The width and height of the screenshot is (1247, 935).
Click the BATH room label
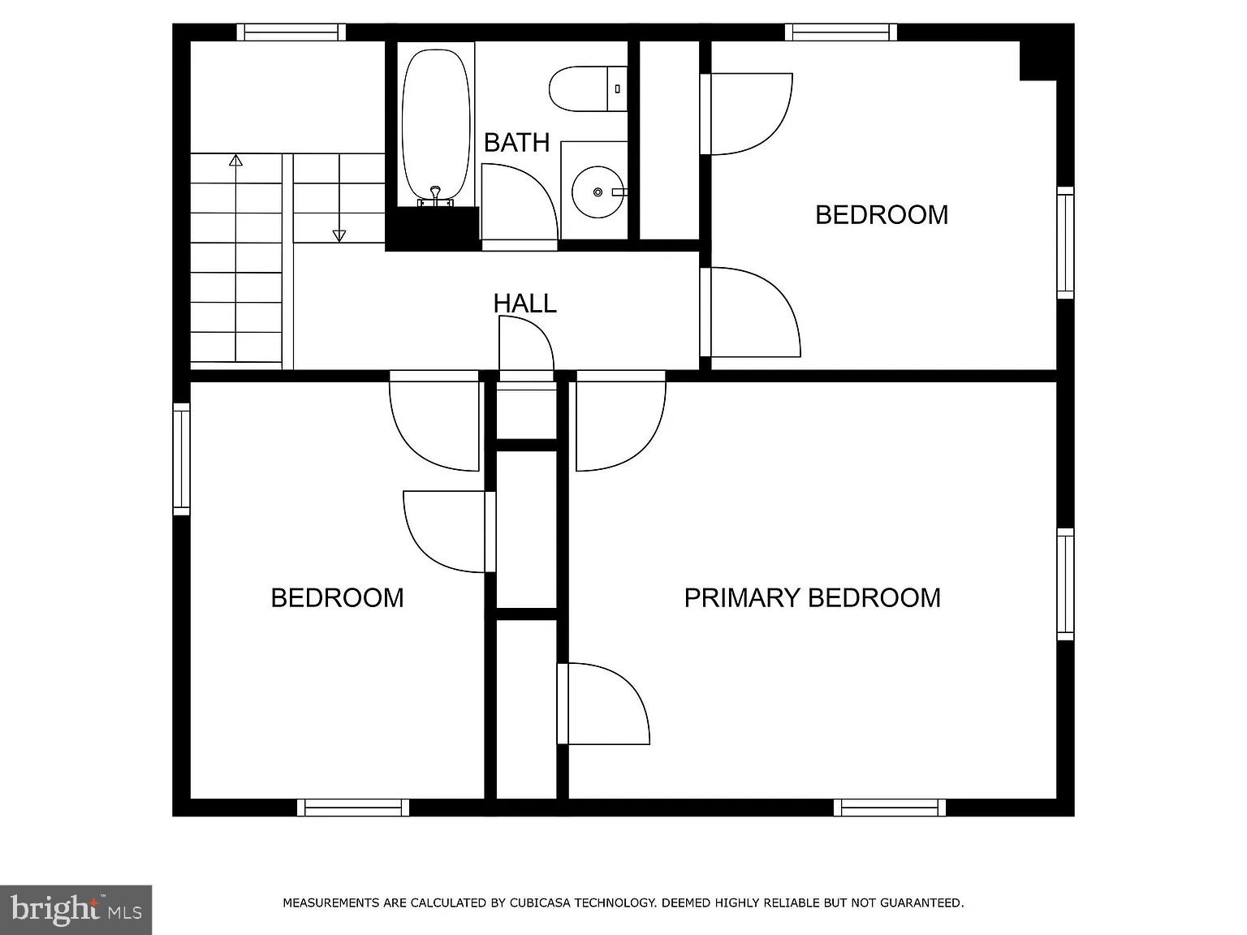[516, 143]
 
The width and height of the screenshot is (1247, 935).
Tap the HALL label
[524, 304]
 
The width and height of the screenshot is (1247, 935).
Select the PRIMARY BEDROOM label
[812, 598]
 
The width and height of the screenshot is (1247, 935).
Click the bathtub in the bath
[436, 122]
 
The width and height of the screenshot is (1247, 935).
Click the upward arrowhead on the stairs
[236, 161]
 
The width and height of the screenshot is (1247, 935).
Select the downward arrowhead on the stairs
[339, 235]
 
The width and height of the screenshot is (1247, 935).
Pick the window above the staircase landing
[291, 32]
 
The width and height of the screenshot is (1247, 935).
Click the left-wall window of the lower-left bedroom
[181, 459]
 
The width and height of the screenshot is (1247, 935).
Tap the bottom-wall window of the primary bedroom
[890, 808]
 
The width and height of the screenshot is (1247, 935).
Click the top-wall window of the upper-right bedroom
[840, 32]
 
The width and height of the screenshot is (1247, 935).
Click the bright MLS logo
[76, 909]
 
